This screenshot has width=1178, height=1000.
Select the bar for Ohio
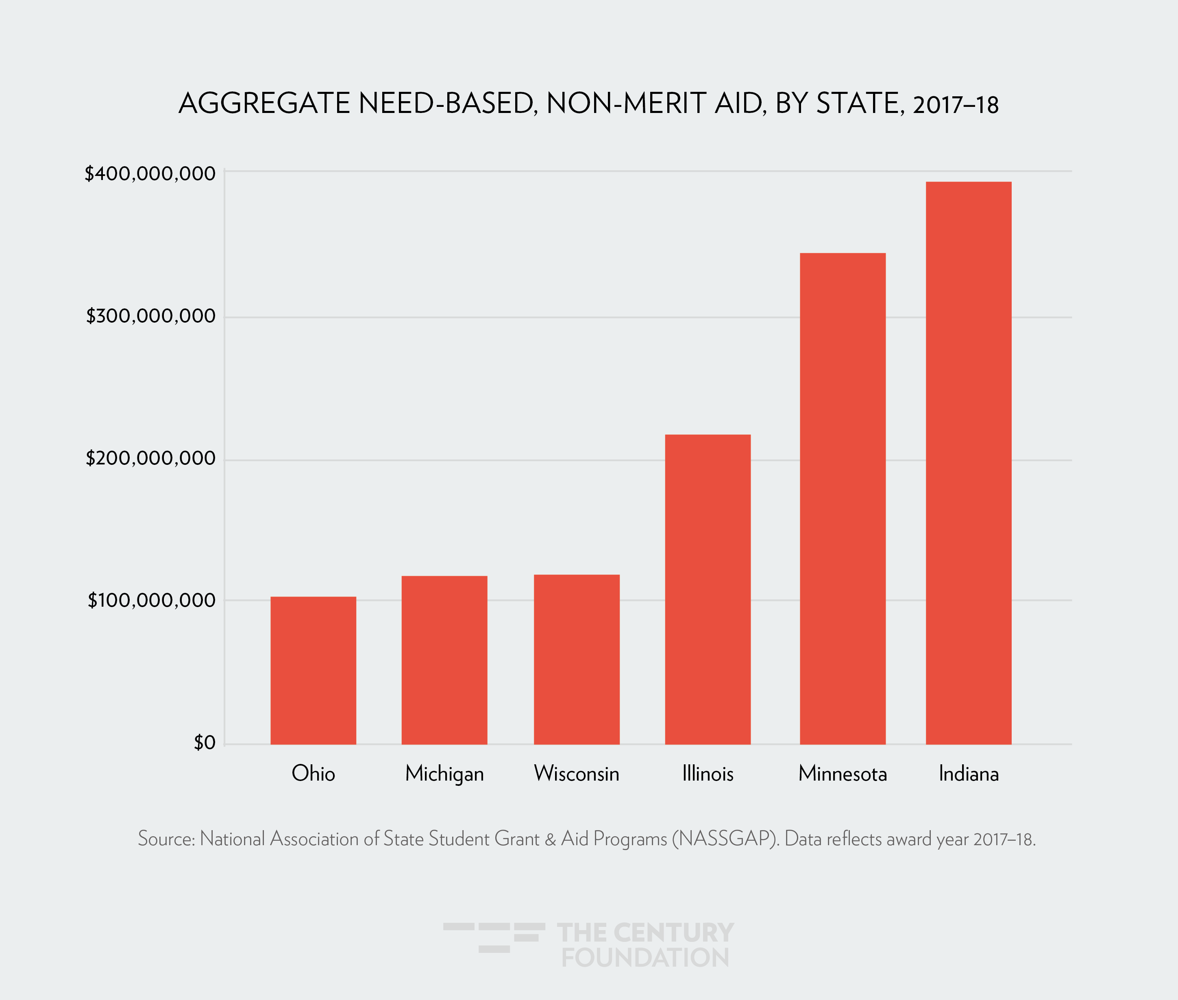point(313,670)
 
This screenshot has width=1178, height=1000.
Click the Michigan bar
point(444,660)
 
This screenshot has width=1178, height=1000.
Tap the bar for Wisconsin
point(576,659)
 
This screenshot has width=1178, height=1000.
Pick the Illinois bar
point(707,589)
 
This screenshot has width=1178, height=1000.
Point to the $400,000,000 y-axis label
point(150,174)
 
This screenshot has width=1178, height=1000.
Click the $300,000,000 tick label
point(151,316)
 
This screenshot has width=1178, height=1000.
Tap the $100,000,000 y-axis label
point(151,600)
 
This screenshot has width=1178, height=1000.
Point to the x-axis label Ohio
point(313,773)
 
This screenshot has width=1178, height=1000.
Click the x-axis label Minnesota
point(842,773)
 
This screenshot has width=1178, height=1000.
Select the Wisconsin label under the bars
point(576,773)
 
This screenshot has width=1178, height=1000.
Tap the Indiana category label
point(968,773)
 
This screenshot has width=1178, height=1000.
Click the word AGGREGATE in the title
point(264,104)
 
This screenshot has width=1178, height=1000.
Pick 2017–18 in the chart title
point(955,105)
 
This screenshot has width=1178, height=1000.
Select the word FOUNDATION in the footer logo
point(645,957)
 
